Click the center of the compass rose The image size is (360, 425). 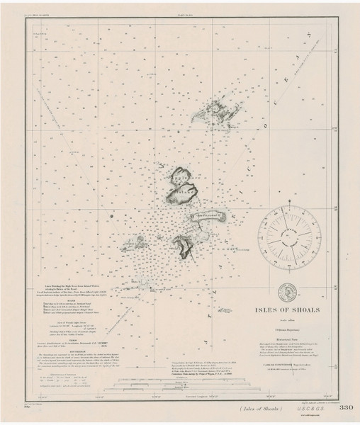coord(287,237)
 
